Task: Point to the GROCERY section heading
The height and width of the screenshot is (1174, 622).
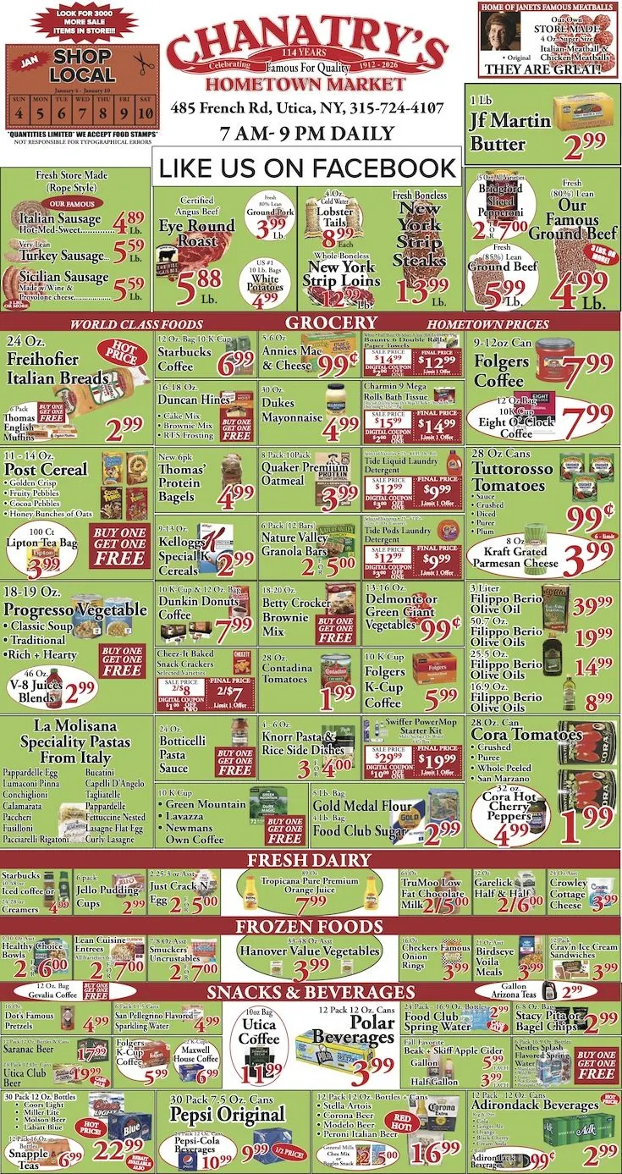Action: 330,322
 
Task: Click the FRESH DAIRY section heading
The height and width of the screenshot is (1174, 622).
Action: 308,859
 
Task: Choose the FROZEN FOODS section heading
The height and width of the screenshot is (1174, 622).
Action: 308,924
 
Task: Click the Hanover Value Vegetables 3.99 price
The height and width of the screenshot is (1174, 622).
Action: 308,966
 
